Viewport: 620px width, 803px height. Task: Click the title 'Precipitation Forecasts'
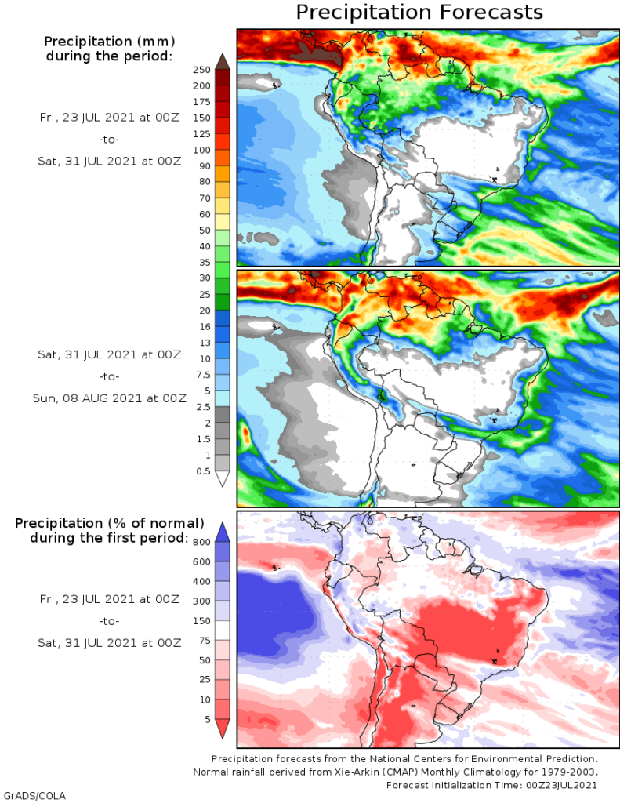[419, 13]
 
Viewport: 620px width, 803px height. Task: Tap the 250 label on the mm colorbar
[201, 70]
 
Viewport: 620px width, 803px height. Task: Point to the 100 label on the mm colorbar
[201, 150]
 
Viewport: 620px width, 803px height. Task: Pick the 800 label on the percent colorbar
[202, 542]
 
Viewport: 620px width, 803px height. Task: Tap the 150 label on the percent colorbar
[202, 620]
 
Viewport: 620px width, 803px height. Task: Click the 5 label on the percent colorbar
[207, 718]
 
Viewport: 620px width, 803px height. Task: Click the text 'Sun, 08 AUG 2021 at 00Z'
[110, 398]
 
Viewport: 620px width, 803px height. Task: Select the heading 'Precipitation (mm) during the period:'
[109, 48]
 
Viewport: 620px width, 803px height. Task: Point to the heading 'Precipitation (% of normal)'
[110, 523]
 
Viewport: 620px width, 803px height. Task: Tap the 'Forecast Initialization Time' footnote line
[491, 785]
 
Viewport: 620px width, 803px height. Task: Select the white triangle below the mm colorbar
[222, 479]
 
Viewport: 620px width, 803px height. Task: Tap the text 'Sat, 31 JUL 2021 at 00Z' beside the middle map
[110, 354]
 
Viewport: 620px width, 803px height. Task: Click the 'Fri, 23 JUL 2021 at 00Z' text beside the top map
[110, 117]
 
